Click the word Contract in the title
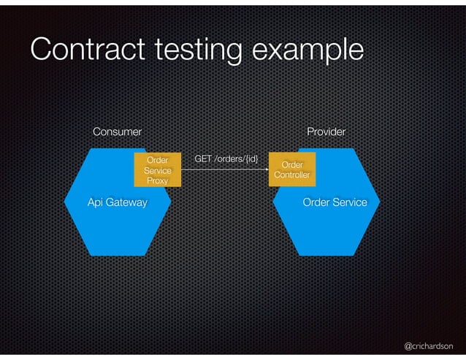(x=80, y=49)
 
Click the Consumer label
(x=117, y=131)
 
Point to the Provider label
(x=326, y=131)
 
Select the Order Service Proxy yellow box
(x=158, y=170)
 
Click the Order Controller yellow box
(x=292, y=170)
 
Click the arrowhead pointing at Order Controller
(x=266, y=169)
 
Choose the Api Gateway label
(x=117, y=202)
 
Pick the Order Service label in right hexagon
(x=335, y=202)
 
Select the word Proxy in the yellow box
(x=158, y=180)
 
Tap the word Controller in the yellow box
(x=292, y=175)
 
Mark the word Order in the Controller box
(x=292, y=165)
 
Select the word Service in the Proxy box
(x=158, y=170)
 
